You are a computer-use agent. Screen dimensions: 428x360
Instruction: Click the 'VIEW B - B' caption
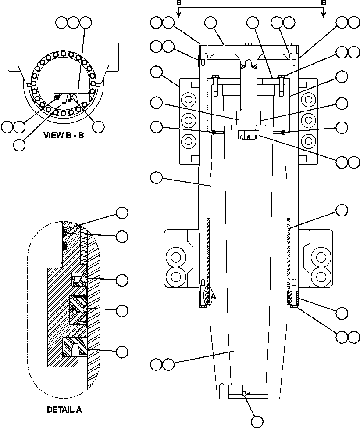click(x=64, y=135)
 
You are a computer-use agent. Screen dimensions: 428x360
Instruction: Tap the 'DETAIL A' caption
click(x=64, y=410)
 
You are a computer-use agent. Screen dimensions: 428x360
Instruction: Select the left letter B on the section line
click(x=178, y=3)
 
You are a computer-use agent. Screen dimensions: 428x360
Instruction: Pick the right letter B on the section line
click(x=324, y=3)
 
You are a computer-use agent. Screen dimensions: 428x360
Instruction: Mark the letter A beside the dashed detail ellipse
click(x=213, y=297)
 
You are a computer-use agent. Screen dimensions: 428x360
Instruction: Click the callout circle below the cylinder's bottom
click(x=257, y=421)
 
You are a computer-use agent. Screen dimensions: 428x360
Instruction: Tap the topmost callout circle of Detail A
click(x=122, y=213)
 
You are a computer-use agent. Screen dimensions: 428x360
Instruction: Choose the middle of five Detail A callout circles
click(x=122, y=280)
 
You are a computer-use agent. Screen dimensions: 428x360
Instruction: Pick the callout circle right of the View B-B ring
click(x=99, y=126)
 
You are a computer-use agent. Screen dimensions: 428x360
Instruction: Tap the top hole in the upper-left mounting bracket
click(x=189, y=101)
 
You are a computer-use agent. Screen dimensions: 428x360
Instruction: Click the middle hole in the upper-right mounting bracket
click(x=307, y=119)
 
